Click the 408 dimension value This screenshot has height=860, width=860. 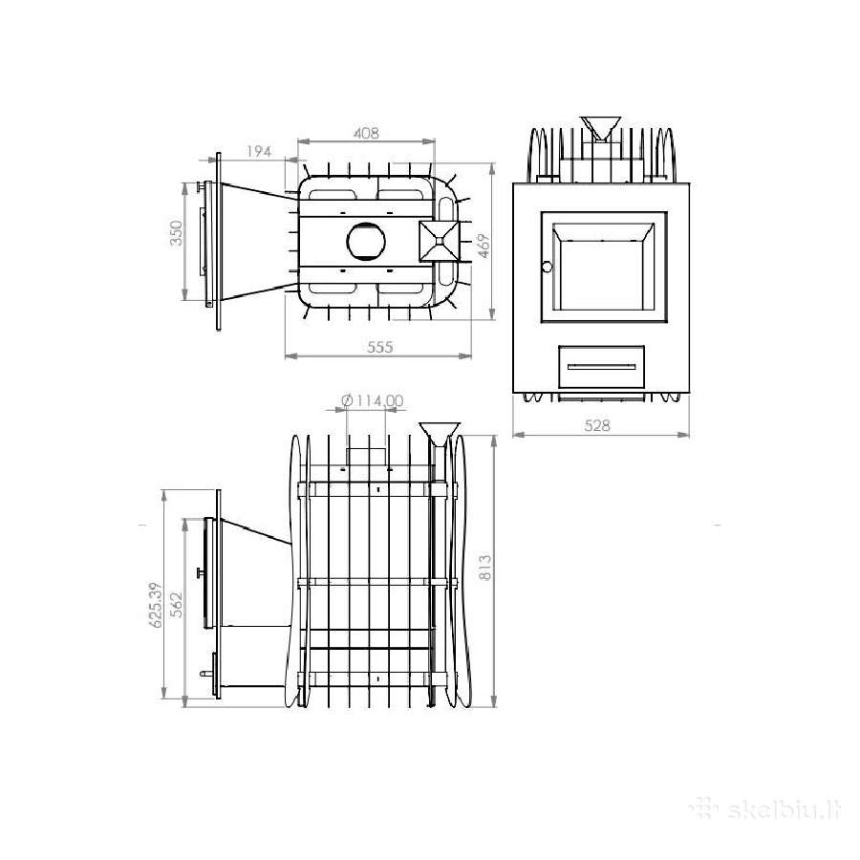point(366,133)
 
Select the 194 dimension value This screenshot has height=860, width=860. point(259,151)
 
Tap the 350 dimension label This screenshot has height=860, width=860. point(176,233)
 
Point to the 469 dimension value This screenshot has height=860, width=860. point(484,246)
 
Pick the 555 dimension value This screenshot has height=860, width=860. point(380,347)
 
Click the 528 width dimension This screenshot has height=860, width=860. point(596,425)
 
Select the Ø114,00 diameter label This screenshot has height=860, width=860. point(373,401)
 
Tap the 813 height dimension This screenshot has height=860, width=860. point(484,568)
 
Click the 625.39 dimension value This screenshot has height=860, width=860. point(156,605)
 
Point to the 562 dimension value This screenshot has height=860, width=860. point(177,605)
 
